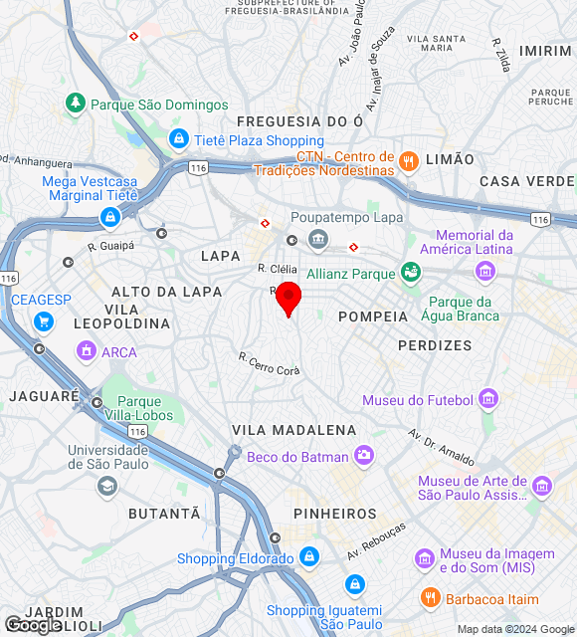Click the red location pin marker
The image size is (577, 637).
point(288,298)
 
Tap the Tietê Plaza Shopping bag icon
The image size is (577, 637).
point(179,139)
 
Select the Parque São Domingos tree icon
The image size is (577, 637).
point(76,103)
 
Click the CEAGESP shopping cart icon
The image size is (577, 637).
point(43,321)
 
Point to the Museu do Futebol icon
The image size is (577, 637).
point(487,400)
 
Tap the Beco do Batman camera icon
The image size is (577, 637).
point(364,456)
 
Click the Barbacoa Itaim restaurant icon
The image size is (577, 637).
point(430,598)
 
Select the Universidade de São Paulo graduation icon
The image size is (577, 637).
point(106,486)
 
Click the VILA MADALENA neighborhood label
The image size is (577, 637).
point(293,430)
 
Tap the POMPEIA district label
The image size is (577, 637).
point(373,317)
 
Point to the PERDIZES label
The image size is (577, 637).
point(435,345)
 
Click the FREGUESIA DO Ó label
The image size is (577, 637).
point(299,121)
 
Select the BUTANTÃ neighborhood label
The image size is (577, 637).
point(164,514)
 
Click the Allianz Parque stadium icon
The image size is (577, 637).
point(410,272)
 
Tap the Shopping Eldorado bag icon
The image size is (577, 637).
point(309,556)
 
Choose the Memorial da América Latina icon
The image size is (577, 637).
point(485,270)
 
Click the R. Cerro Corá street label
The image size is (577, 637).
point(269,364)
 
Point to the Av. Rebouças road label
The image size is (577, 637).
point(377,540)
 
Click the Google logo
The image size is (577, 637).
point(32,625)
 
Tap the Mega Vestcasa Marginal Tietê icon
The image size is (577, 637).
point(109,216)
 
